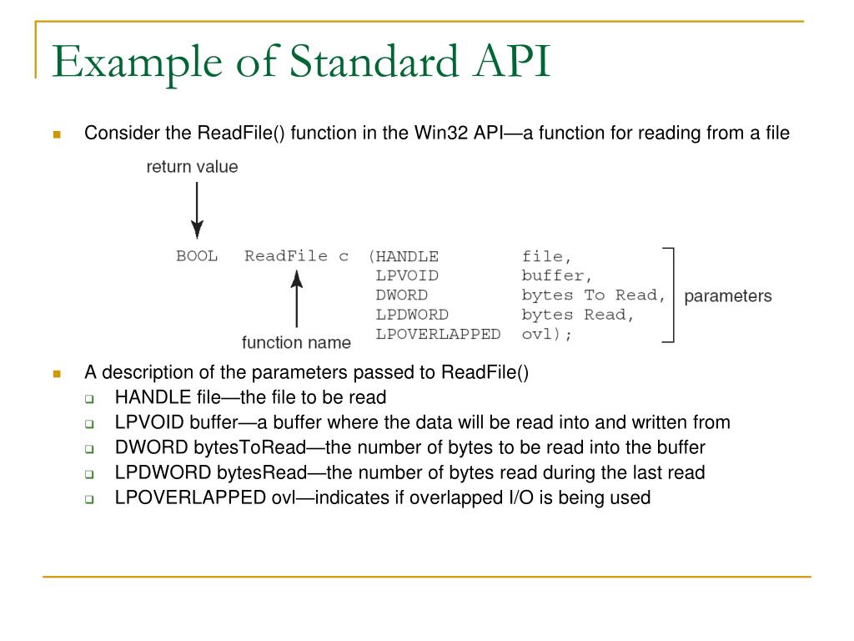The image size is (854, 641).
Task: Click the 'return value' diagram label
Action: click(192, 167)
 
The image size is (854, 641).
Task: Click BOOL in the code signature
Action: click(197, 256)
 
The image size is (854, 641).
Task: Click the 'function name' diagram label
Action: click(296, 342)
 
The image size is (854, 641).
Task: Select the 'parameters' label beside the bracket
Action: click(728, 296)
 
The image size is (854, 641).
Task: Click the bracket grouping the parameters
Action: click(669, 295)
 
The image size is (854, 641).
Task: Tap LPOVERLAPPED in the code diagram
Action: click(438, 335)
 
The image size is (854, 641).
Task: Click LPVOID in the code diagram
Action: click(407, 275)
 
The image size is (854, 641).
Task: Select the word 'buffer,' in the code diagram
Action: click(557, 275)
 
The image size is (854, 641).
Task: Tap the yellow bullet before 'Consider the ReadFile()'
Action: click(58, 134)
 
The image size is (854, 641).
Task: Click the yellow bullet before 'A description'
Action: click(58, 373)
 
